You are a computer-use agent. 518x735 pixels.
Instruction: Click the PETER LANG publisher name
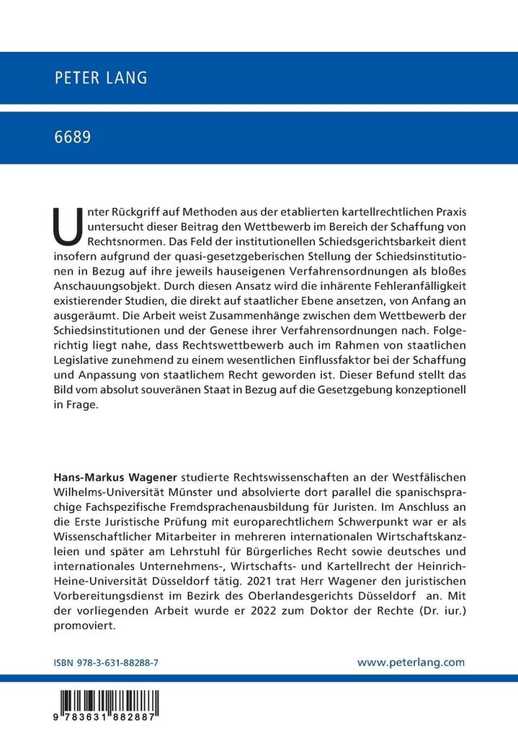[101, 79]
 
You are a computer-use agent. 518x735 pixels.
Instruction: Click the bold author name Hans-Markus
[90, 477]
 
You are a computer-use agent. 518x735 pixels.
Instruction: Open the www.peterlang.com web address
[411, 661]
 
